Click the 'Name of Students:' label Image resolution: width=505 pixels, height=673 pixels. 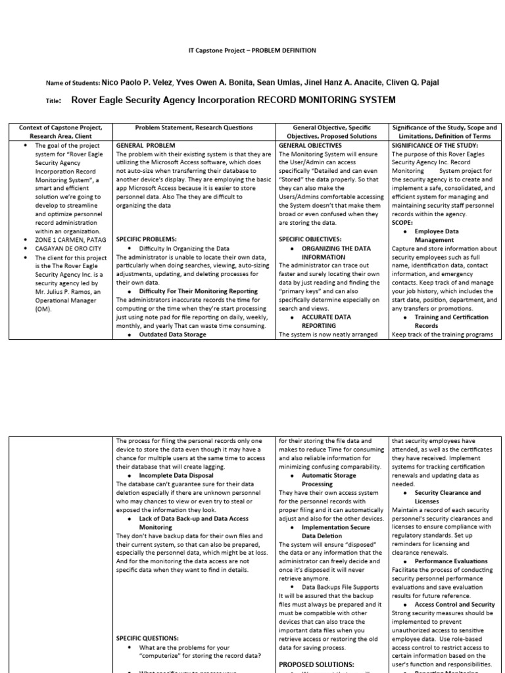pos(72,83)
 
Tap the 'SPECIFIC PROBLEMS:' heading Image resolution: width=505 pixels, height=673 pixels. pos(147,240)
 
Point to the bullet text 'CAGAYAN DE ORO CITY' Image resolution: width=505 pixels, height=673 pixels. pos(68,249)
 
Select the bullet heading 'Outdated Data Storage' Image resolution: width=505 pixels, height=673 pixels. pos(172,335)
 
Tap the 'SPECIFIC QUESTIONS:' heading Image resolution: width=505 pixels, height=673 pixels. pos(147,638)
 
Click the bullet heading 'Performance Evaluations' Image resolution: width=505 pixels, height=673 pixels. pos(451,561)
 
